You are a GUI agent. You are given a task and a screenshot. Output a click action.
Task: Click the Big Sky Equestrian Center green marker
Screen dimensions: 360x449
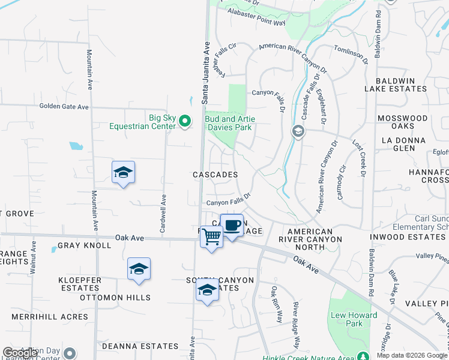click(x=185, y=122)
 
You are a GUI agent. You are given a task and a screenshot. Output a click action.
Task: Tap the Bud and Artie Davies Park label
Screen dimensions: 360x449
click(x=230, y=123)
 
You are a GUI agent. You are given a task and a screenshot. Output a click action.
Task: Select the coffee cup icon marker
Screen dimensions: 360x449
click(x=232, y=226)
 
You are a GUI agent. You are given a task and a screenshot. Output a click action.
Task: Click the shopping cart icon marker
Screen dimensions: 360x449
click(x=211, y=237)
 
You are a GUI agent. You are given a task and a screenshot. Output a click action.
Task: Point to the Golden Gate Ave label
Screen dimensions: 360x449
click(x=64, y=107)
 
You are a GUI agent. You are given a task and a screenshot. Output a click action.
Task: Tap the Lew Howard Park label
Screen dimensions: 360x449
click(x=354, y=319)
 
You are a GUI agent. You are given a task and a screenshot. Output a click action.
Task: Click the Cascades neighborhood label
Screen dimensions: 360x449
click(x=215, y=175)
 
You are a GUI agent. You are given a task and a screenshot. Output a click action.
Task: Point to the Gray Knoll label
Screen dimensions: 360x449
click(x=84, y=246)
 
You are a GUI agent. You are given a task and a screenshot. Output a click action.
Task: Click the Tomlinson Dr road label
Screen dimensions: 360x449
click(x=351, y=53)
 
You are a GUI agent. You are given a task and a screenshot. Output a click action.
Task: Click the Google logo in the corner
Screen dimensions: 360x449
click(x=20, y=353)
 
